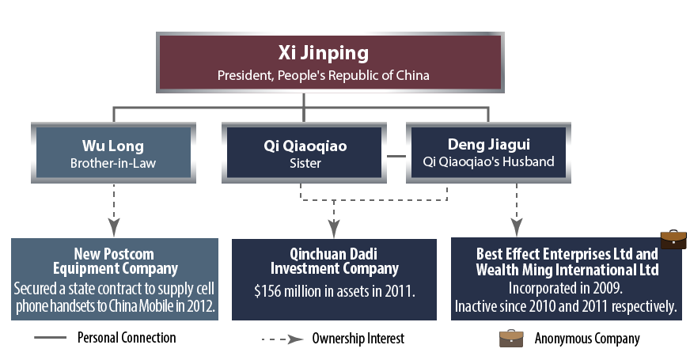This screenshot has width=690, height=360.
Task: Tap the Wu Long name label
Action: (x=113, y=146)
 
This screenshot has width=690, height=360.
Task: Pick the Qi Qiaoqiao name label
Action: (x=305, y=146)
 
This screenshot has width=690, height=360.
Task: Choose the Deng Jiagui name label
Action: (x=487, y=146)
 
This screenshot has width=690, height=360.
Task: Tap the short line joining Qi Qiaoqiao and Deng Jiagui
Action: (x=395, y=156)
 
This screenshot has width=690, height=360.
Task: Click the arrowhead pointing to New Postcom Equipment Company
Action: (x=114, y=227)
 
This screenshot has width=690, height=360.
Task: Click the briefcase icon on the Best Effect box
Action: (x=673, y=239)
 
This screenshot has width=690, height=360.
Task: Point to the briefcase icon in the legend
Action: (x=511, y=338)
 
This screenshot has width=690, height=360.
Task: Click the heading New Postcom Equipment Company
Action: (x=114, y=260)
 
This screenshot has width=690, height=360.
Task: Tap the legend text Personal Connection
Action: (x=127, y=338)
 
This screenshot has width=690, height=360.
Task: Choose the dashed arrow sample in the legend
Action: (x=282, y=339)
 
